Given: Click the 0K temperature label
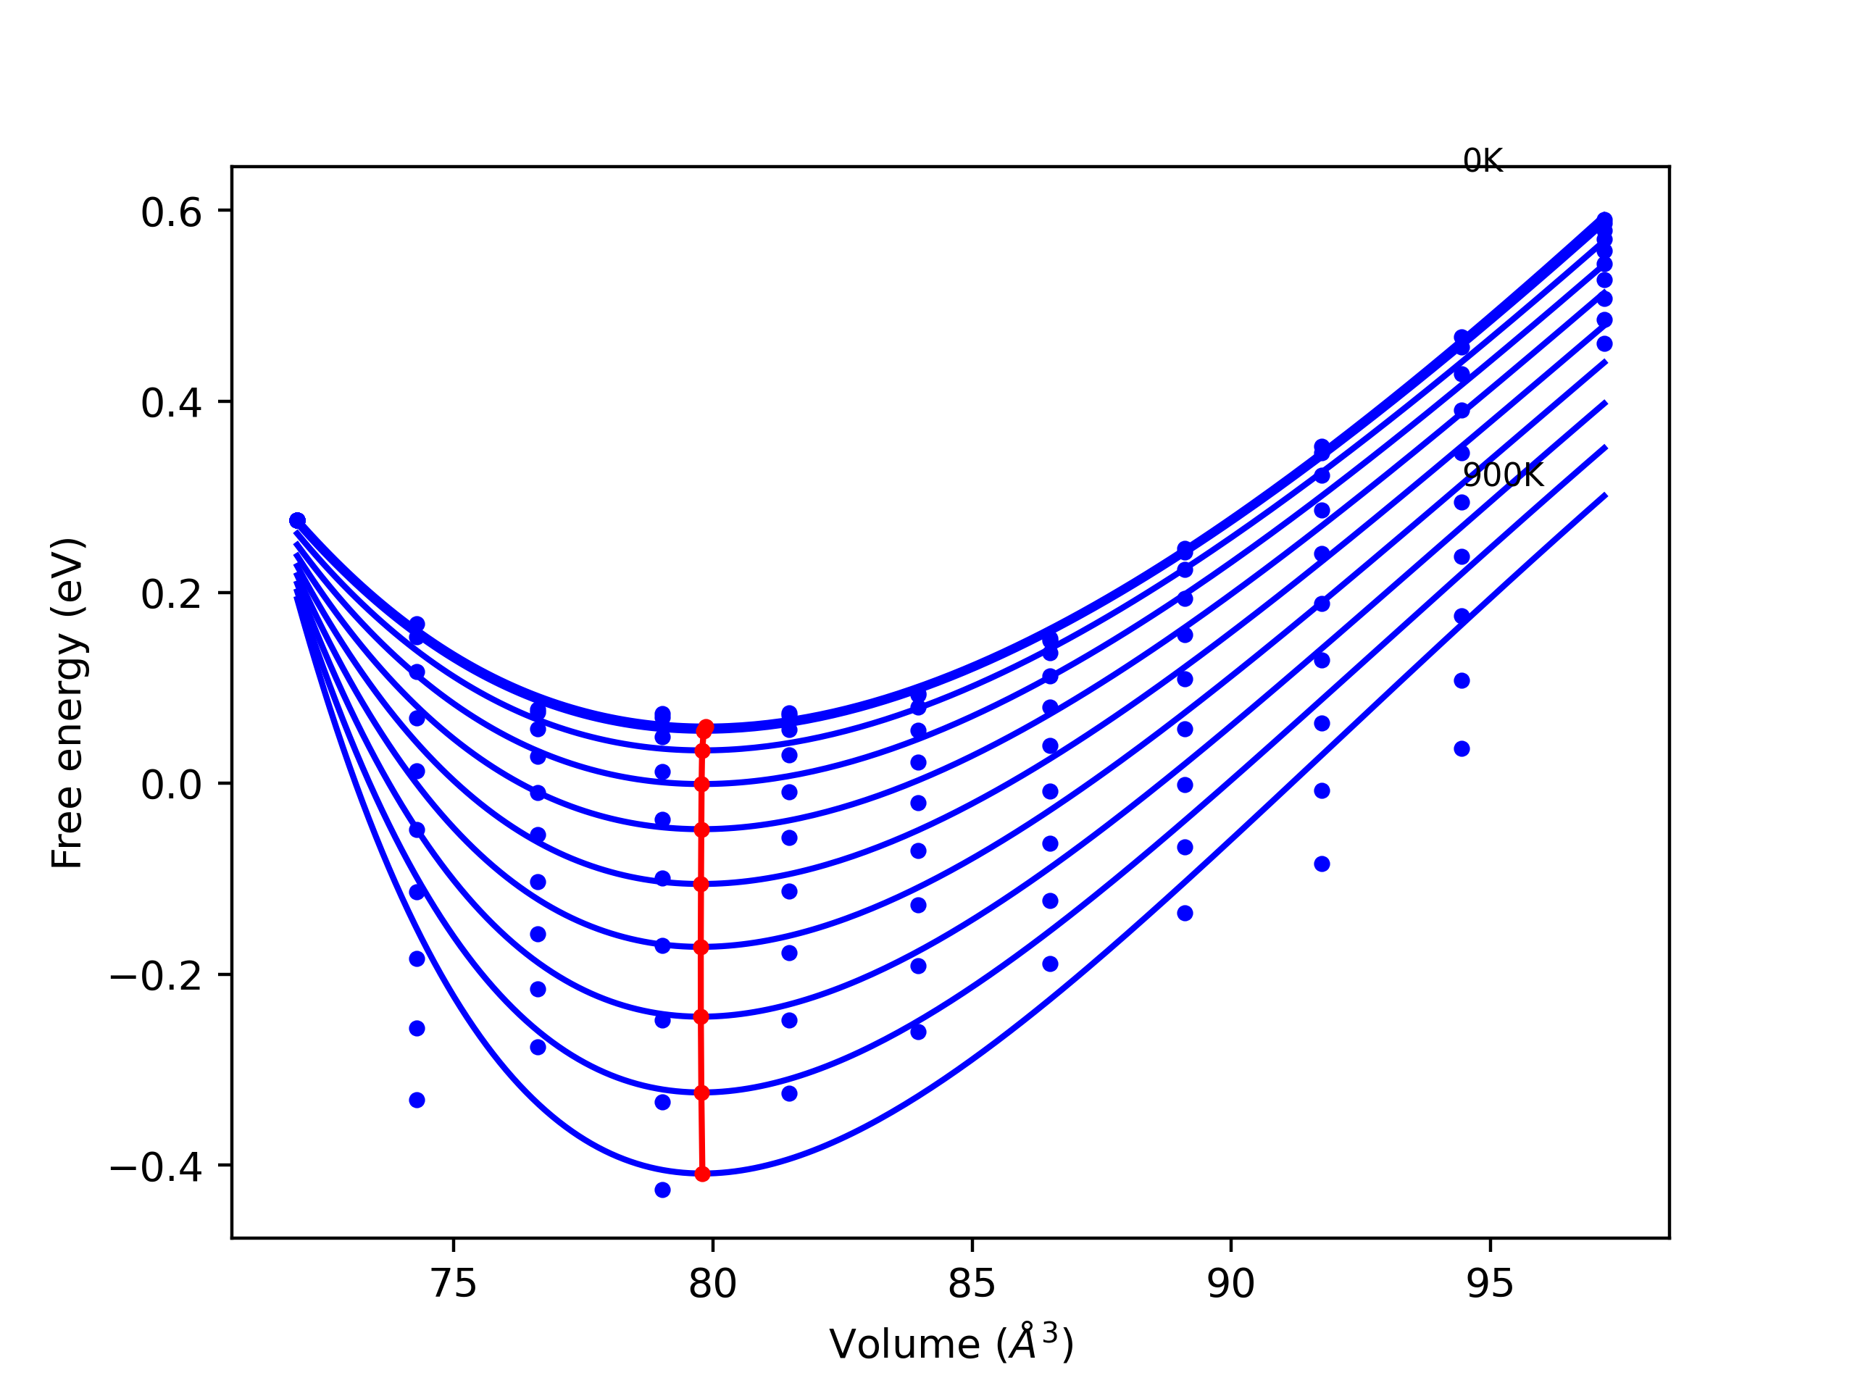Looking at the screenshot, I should point(1483,161).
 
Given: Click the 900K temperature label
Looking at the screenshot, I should point(1502,475).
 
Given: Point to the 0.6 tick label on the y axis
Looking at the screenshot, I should point(171,213).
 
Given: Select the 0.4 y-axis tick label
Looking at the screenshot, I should point(171,404).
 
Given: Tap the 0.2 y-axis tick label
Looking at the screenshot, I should point(171,596).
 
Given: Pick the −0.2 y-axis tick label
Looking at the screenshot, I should point(156,977).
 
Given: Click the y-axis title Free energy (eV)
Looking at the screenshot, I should point(68,703).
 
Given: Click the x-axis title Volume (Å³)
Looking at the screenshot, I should point(951,1345).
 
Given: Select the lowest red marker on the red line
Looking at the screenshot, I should point(703,1174).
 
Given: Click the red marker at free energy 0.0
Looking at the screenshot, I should point(702,785).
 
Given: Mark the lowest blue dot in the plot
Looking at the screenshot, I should point(662,1190).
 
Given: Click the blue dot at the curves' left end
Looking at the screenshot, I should point(297,521).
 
